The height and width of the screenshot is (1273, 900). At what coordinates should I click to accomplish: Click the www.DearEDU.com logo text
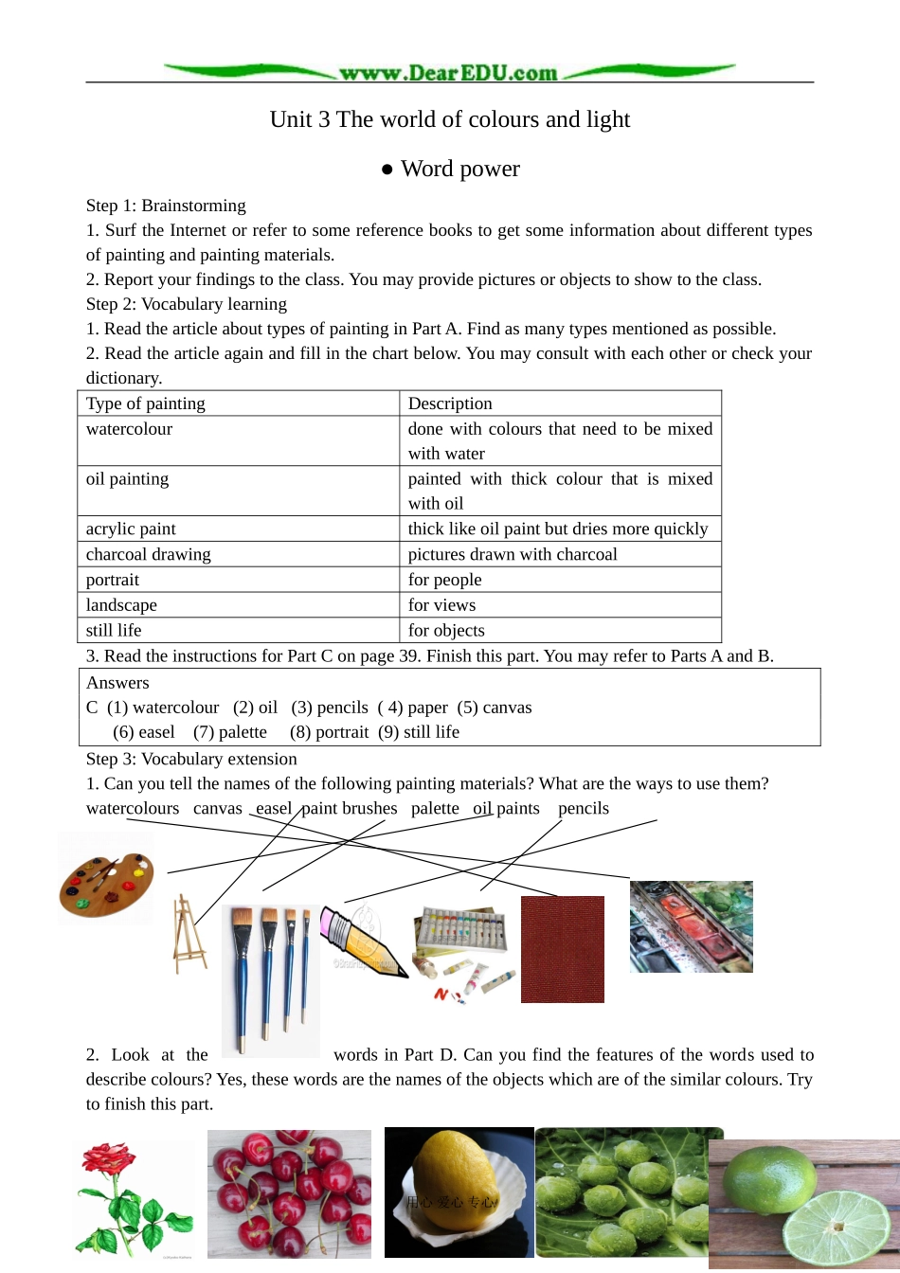click(448, 73)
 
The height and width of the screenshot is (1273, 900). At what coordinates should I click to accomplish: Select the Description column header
click(450, 403)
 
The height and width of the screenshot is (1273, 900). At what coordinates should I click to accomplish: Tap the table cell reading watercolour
click(130, 429)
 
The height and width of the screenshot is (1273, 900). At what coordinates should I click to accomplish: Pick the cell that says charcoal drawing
click(149, 554)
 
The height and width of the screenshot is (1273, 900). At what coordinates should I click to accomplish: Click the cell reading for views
click(442, 605)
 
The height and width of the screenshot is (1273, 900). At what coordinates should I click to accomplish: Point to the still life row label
click(114, 631)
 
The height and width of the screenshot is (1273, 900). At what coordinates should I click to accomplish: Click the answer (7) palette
click(230, 732)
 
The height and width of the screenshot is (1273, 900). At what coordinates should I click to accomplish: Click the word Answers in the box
click(117, 683)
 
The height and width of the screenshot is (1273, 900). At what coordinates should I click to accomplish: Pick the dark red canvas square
click(562, 949)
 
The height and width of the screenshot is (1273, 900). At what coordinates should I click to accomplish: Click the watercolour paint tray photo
click(691, 926)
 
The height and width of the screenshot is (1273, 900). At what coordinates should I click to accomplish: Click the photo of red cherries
click(289, 1193)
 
